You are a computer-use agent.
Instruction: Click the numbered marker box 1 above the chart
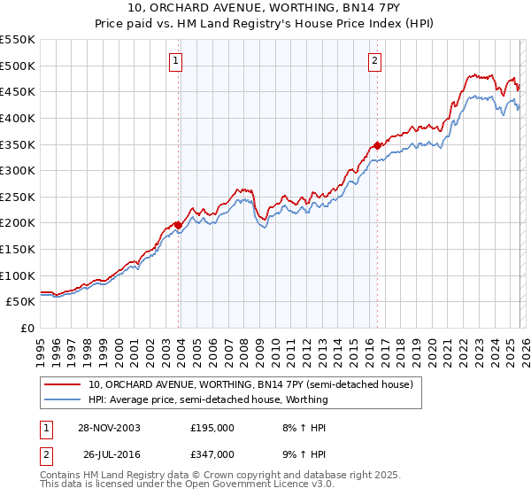tap(176, 61)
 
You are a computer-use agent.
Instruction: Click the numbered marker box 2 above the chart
tap(374, 61)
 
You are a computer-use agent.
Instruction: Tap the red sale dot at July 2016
tap(377, 144)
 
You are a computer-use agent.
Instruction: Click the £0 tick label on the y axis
tap(27, 328)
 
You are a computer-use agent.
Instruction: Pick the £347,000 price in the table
tap(212, 453)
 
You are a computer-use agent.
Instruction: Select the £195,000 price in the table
tap(212, 427)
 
